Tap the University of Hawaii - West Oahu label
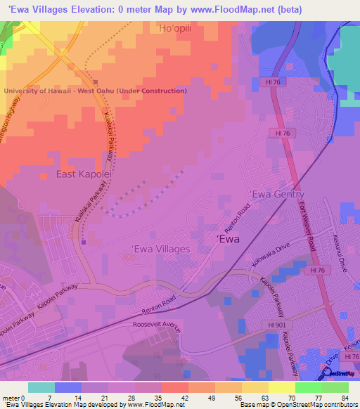point(96,91)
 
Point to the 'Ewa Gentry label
point(278,195)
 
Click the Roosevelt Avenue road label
point(156,327)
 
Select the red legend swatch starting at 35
point(174,387)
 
